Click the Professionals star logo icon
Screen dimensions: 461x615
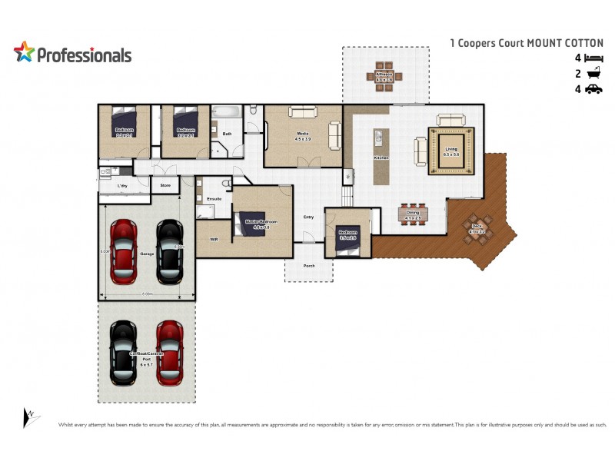tap(24, 52)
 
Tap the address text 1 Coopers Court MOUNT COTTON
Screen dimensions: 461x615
tap(527, 43)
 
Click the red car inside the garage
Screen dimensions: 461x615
tap(124, 251)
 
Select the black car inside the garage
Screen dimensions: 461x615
tap(170, 251)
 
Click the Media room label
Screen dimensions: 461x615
tap(303, 134)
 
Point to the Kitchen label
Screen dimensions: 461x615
tap(381, 158)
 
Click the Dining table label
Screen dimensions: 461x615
tap(413, 214)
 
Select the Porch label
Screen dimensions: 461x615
tap(309, 267)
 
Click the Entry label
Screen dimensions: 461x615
tap(309, 217)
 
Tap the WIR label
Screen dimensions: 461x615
tap(214, 239)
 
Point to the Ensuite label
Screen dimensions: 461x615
tap(214, 199)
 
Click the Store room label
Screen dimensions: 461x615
tap(165, 185)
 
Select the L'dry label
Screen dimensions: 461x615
tap(121, 185)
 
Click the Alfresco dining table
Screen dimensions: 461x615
tap(384, 75)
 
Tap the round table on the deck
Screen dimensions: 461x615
tap(477, 227)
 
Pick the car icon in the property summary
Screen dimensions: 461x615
tap(593, 89)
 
